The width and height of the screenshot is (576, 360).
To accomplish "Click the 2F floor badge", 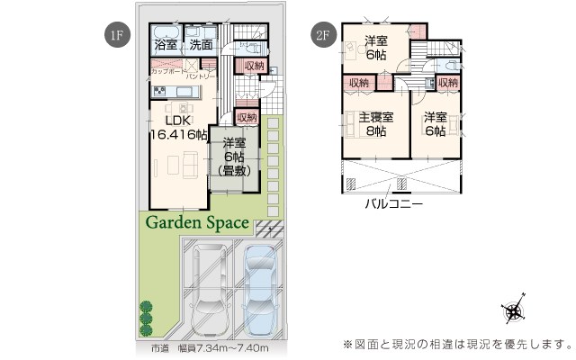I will (x=322, y=36).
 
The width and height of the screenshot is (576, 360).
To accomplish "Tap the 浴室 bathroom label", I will (x=166, y=44).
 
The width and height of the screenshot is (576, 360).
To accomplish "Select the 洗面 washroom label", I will (x=201, y=44).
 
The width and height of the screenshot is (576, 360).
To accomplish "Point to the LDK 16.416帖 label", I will (x=178, y=129).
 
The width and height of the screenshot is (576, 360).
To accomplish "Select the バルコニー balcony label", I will (x=393, y=203).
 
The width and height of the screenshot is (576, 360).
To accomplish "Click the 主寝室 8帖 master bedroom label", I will (x=375, y=124).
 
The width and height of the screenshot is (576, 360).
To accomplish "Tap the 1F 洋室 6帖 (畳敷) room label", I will (x=235, y=155).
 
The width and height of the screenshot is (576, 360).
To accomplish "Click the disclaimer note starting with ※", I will (x=457, y=344).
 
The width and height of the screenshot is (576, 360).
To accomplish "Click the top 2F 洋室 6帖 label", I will (x=376, y=47).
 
